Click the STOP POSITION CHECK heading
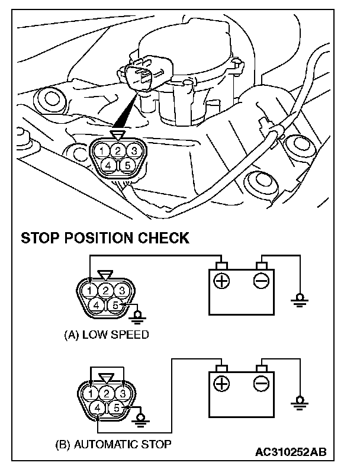click(105, 238)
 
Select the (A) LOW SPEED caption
click(106, 335)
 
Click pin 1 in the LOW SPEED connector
click(89, 291)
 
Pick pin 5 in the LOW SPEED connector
click(117, 306)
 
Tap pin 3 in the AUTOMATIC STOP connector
click(122, 393)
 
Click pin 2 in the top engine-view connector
click(118, 150)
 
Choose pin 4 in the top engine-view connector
click(108, 165)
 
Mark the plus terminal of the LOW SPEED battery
click(222, 280)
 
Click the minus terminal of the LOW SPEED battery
click(261, 280)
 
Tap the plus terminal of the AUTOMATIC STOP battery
click(222, 384)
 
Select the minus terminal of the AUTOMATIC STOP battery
click(261, 384)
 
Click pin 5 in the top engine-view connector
click(127, 165)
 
